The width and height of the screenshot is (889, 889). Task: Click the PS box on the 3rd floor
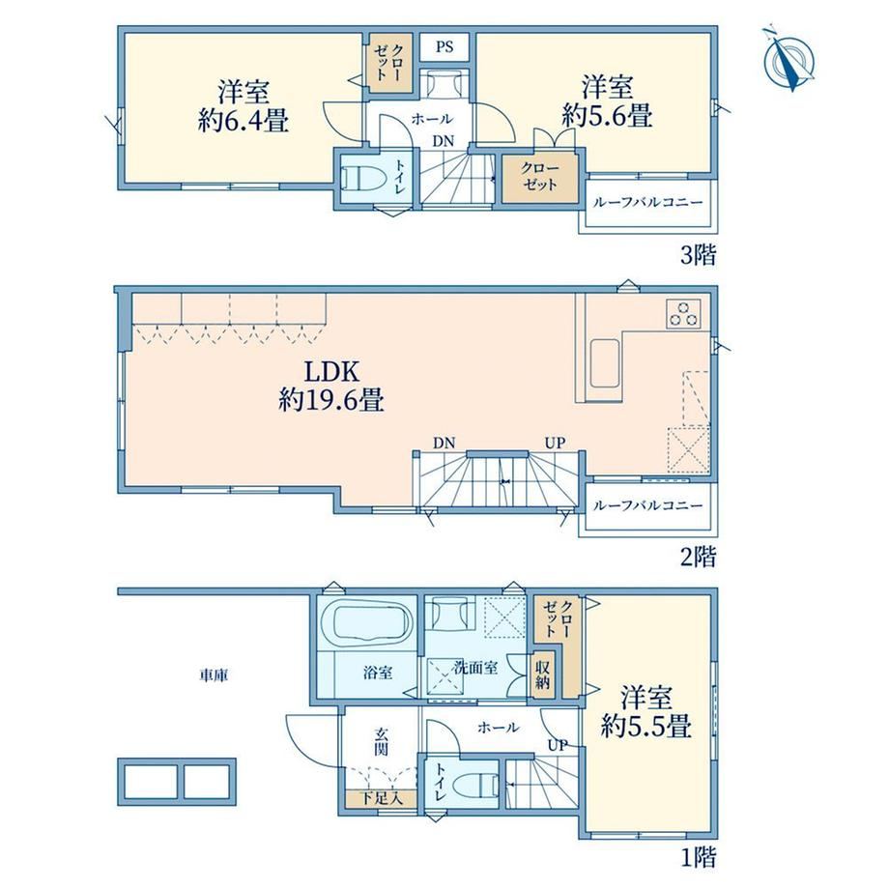pos(444,46)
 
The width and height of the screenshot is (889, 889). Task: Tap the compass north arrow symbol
pos(789,59)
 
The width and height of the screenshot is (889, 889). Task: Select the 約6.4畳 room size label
pos(244,121)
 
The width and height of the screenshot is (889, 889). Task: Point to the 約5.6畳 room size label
pos(607,115)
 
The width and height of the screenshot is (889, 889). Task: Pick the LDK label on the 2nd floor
pos(331,372)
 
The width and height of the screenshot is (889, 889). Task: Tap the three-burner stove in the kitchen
pos(684,313)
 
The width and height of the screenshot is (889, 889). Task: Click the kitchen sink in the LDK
pos(606,363)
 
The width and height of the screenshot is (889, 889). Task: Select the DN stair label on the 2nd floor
pos(444,443)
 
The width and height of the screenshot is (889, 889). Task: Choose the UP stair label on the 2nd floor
pos(555,443)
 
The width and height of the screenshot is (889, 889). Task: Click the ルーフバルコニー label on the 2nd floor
pos(647,505)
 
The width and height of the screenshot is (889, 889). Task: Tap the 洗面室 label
pos(475,668)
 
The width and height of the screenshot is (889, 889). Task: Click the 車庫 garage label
pos(214,675)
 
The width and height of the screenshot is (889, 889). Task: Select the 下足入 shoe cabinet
pos(382,798)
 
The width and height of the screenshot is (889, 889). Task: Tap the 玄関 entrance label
pos(381,741)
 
